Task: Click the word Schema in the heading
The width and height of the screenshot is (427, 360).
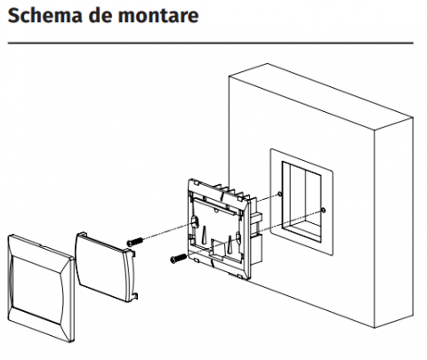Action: click(44, 15)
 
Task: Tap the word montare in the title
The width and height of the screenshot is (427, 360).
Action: click(158, 16)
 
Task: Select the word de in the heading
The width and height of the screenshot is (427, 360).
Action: click(100, 15)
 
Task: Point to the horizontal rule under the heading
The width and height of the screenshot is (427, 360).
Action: click(211, 44)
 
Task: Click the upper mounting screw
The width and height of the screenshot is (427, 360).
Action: click(135, 242)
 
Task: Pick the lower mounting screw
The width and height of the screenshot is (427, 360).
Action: click(179, 259)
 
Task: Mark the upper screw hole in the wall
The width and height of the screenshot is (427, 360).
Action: click(279, 194)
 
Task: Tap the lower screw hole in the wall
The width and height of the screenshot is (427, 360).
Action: click(323, 211)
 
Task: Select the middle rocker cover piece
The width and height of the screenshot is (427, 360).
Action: click(106, 267)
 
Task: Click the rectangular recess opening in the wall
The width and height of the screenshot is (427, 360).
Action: click(302, 202)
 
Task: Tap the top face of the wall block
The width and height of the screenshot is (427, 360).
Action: click(320, 96)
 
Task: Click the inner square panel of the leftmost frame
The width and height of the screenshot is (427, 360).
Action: click(37, 289)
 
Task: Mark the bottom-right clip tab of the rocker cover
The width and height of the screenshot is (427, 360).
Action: click(134, 296)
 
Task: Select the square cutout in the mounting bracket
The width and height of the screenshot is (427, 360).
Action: click(216, 247)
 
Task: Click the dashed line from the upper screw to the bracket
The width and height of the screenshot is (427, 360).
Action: click(167, 232)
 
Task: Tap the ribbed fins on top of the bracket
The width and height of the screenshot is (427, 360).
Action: click(233, 191)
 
